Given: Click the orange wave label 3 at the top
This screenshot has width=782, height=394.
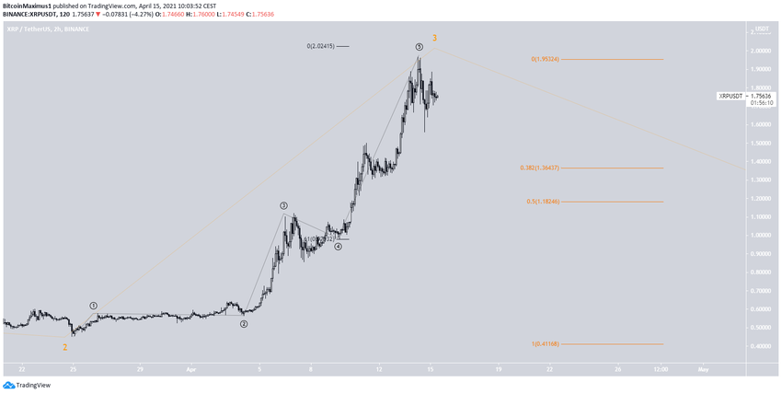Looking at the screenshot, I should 434,38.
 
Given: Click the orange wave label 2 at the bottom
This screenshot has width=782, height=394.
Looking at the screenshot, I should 64,347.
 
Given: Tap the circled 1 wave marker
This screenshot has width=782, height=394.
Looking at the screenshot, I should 94,305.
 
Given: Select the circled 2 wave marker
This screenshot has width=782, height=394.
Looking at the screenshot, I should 244,324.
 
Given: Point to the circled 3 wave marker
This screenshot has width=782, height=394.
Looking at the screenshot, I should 284,206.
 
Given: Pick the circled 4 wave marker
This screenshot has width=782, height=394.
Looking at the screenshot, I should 339,247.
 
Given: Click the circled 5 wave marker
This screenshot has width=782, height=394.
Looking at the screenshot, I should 419,46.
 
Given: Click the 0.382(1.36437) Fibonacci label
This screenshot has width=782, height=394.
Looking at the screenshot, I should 539,168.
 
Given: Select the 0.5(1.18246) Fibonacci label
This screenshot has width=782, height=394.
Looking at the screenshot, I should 543,202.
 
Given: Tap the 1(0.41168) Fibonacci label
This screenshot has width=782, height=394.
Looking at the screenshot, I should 545,344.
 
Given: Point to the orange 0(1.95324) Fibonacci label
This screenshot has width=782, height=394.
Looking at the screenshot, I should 545,59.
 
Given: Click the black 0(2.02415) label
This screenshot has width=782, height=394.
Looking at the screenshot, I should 327,46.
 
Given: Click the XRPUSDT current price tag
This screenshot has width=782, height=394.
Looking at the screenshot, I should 731,96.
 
